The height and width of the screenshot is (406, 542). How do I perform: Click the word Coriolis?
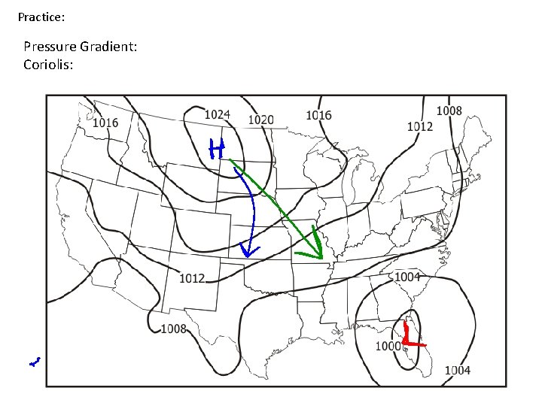point(48,65)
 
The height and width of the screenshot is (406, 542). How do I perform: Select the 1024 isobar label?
point(217,114)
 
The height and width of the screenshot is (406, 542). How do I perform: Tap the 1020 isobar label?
point(260,120)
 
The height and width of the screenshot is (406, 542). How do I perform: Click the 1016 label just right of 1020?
point(318,115)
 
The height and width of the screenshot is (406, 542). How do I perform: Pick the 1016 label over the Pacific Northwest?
point(105,123)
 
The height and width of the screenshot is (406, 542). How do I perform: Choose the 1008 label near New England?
point(449,111)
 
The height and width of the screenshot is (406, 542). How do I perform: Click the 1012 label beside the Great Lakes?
point(420,126)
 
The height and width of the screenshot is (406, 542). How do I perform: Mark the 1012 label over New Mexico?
point(192,279)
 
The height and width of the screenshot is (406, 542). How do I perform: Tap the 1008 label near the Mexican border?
point(174,328)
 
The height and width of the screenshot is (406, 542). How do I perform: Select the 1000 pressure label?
point(388,346)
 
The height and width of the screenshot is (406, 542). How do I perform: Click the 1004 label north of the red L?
point(407,277)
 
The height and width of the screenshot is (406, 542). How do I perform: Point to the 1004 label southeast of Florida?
point(457,370)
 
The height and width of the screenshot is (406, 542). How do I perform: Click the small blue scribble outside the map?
point(34,362)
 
